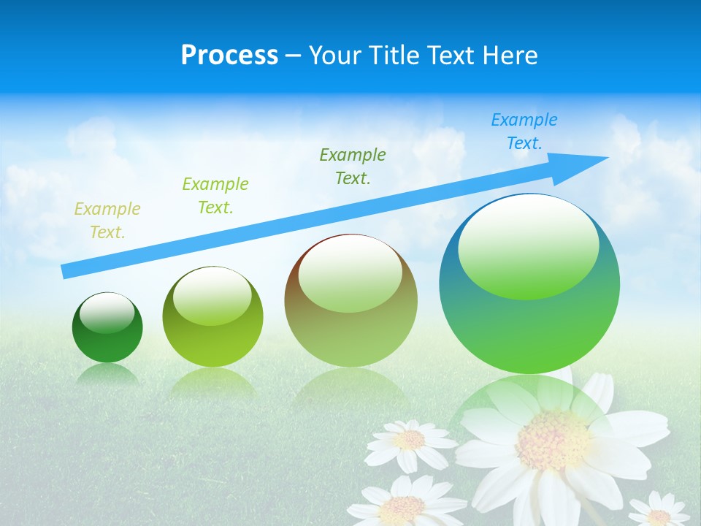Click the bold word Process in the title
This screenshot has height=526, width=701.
(x=229, y=56)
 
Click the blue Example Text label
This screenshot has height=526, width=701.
(x=524, y=131)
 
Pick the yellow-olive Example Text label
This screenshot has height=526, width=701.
(x=107, y=221)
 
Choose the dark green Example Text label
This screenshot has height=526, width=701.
(x=353, y=166)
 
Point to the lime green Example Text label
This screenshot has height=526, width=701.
(x=215, y=195)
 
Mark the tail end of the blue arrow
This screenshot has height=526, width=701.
(x=67, y=272)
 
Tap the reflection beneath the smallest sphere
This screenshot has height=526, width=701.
(x=107, y=375)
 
